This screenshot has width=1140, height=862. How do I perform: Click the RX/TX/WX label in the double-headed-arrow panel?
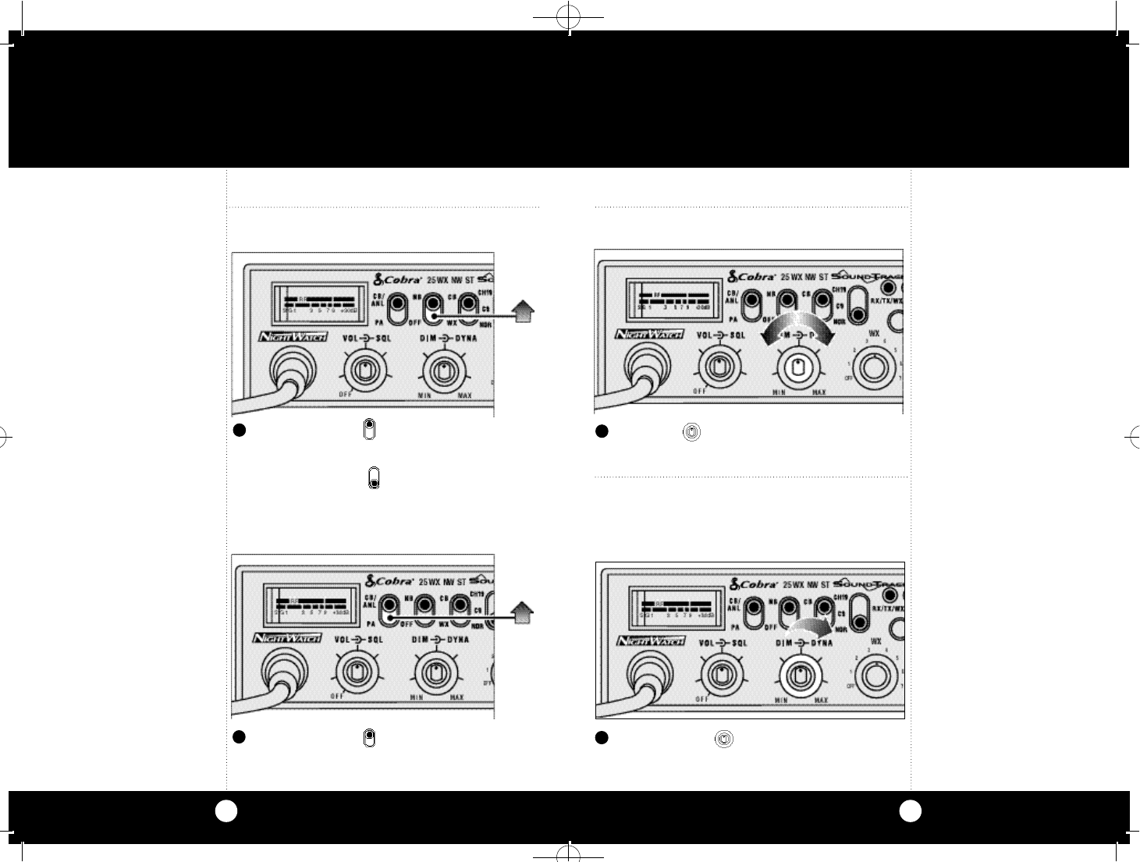tap(887, 300)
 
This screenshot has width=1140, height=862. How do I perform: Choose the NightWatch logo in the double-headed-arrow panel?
tap(649, 334)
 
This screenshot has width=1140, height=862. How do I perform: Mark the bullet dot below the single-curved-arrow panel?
tap(602, 737)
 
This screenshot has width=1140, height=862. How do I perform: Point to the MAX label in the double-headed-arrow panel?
tap(819, 392)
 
